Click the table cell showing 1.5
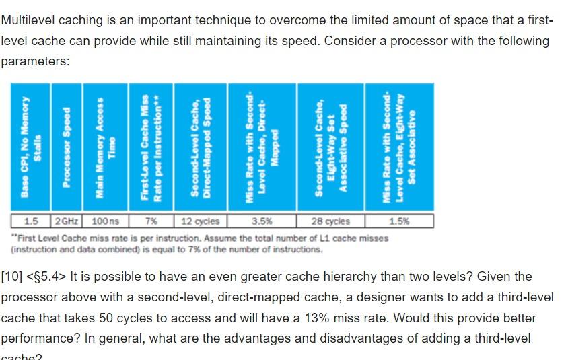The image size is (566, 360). (x=31, y=221)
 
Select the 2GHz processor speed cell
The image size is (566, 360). (x=66, y=221)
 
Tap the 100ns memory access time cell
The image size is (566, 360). (x=105, y=221)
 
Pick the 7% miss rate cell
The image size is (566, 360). (x=151, y=221)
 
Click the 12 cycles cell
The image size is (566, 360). (x=200, y=221)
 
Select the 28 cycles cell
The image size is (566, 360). (x=330, y=221)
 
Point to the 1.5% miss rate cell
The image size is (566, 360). (x=398, y=221)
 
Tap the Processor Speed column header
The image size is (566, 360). (x=67, y=147)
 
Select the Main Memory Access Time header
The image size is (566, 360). (x=105, y=147)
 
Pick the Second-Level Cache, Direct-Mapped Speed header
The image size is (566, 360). (x=201, y=147)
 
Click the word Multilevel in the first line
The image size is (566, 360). (x=29, y=20)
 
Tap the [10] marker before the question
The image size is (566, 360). (x=12, y=277)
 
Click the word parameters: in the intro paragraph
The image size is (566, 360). (x=35, y=61)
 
